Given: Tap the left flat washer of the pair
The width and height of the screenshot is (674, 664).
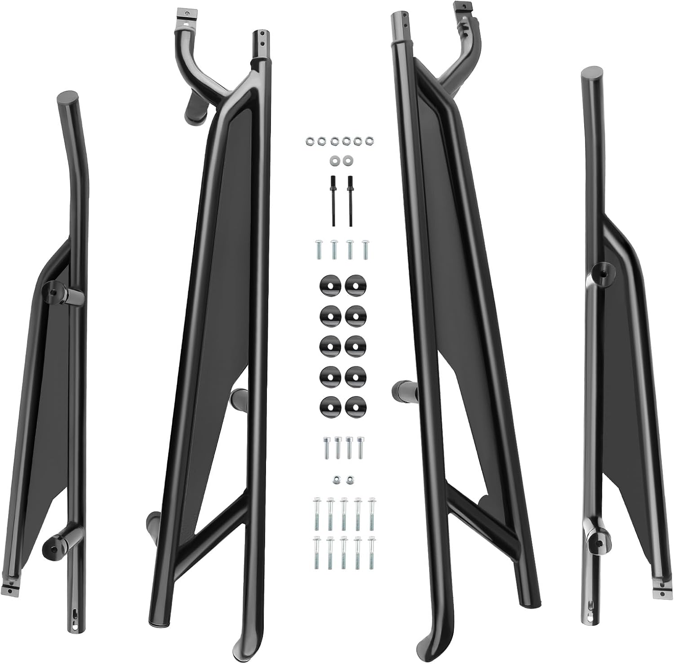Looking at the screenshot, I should click(334, 160).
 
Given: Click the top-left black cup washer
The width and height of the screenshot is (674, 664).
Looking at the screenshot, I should click(329, 285).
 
